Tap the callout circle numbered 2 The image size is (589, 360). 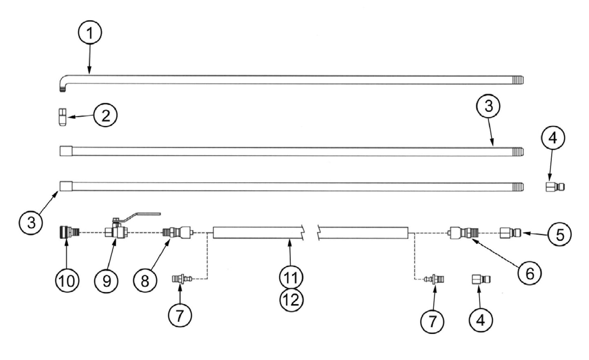coord(106,116)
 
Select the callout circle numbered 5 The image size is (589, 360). coord(560,234)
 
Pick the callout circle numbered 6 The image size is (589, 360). coord(529,273)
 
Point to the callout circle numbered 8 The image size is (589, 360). coord(145,281)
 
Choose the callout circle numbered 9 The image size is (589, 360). coord(106,281)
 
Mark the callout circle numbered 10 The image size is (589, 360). coord(68,281)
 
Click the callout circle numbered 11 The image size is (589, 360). coord(291,278)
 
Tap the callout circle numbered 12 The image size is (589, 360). coord(291,300)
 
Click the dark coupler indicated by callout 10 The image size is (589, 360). coord(66,232)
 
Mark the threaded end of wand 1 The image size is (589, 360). coord(518,80)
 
